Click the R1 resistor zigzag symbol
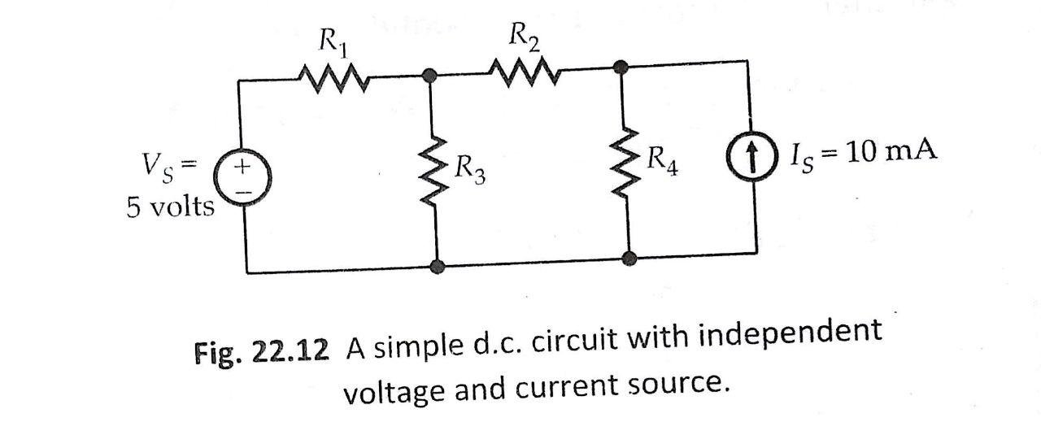pyautogui.click(x=334, y=79)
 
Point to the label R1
pyautogui.click(x=331, y=40)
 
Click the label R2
pyautogui.click(x=524, y=36)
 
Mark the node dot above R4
pyautogui.click(x=621, y=67)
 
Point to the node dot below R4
pyautogui.click(x=628, y=259)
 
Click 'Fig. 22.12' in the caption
pyautogui.click(x=262, y=350)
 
